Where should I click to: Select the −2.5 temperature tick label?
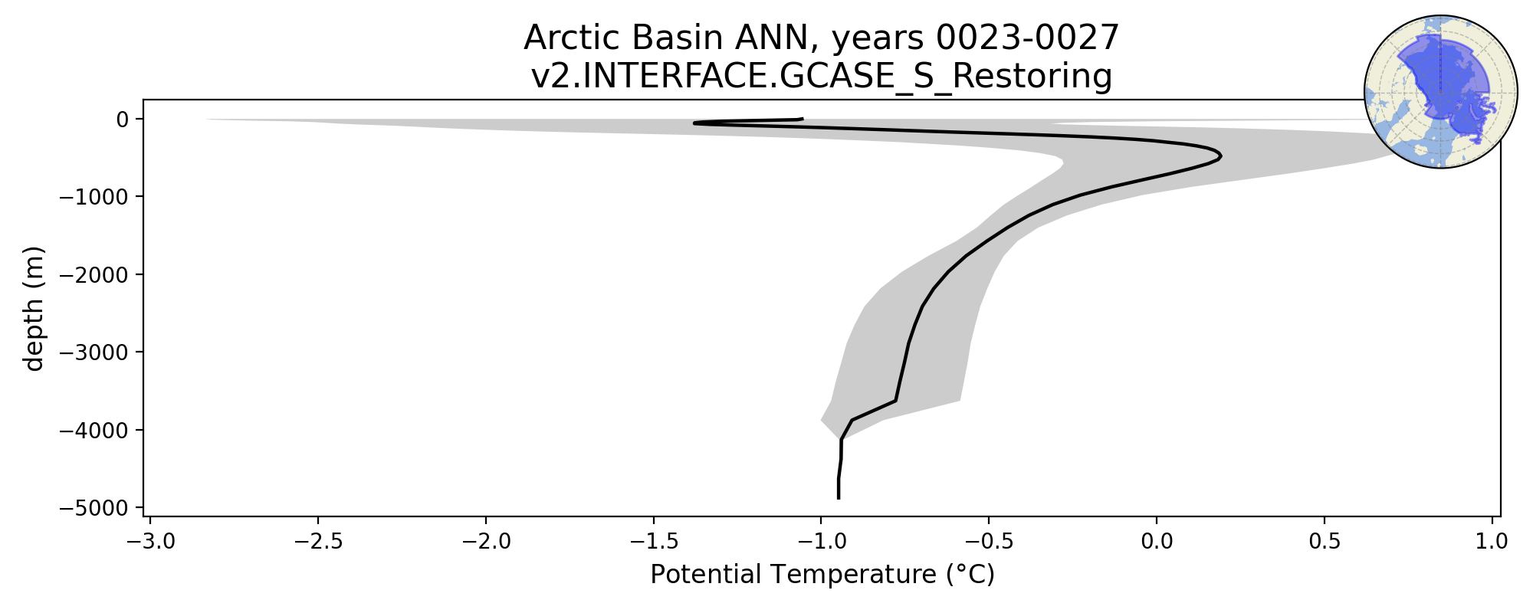318,542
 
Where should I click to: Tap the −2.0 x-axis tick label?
485,542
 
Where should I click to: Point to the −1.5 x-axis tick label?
653,542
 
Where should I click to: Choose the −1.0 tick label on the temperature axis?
821,542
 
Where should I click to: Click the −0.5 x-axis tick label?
988,542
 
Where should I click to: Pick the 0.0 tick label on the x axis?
1157,542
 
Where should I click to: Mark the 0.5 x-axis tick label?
1325,542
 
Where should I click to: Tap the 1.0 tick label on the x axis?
1492,542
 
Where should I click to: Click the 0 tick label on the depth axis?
123,119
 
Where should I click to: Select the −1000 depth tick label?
94,197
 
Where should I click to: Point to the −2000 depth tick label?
94,274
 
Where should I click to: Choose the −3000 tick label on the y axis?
94,352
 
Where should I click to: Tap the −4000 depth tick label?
94,430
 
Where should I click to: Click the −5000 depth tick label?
94,508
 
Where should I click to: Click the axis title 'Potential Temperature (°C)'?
822,575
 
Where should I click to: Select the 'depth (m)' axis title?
34,308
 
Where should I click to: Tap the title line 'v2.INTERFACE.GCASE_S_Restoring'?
822,77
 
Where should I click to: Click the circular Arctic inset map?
1440,92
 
